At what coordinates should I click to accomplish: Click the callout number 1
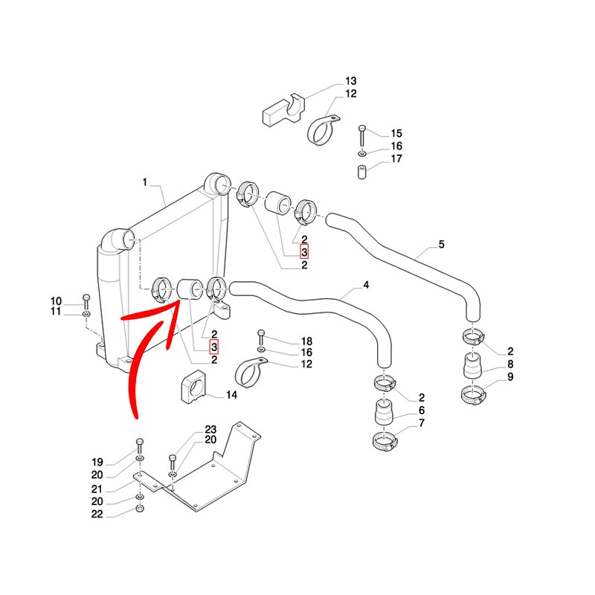146,182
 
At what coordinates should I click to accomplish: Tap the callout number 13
350,81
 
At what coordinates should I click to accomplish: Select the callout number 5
441,244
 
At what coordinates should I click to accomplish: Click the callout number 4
366,285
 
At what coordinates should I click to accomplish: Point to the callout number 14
231,395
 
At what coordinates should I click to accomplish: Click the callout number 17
396,159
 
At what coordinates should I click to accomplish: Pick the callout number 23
210,429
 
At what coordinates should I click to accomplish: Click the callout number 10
57,300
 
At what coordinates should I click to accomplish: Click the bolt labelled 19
140,449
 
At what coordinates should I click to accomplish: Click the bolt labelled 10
86,301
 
